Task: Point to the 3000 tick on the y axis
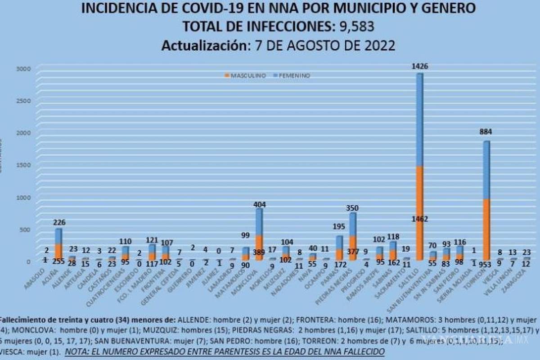point(23,68)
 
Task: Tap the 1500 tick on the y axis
point(23,165)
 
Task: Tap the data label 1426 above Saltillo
point(419,67)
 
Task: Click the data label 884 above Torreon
point(486,133)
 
